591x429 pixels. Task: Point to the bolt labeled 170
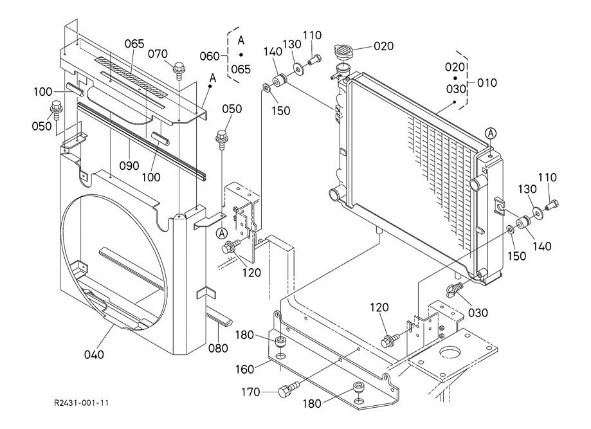(287, 390)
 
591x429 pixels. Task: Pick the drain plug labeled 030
(454, 293)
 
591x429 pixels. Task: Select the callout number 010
(487, 83)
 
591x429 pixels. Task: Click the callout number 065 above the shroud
(134, 44)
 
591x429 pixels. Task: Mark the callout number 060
(210, 56)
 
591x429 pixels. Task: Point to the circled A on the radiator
(491, 133)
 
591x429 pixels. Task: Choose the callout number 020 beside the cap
(383, 46)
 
